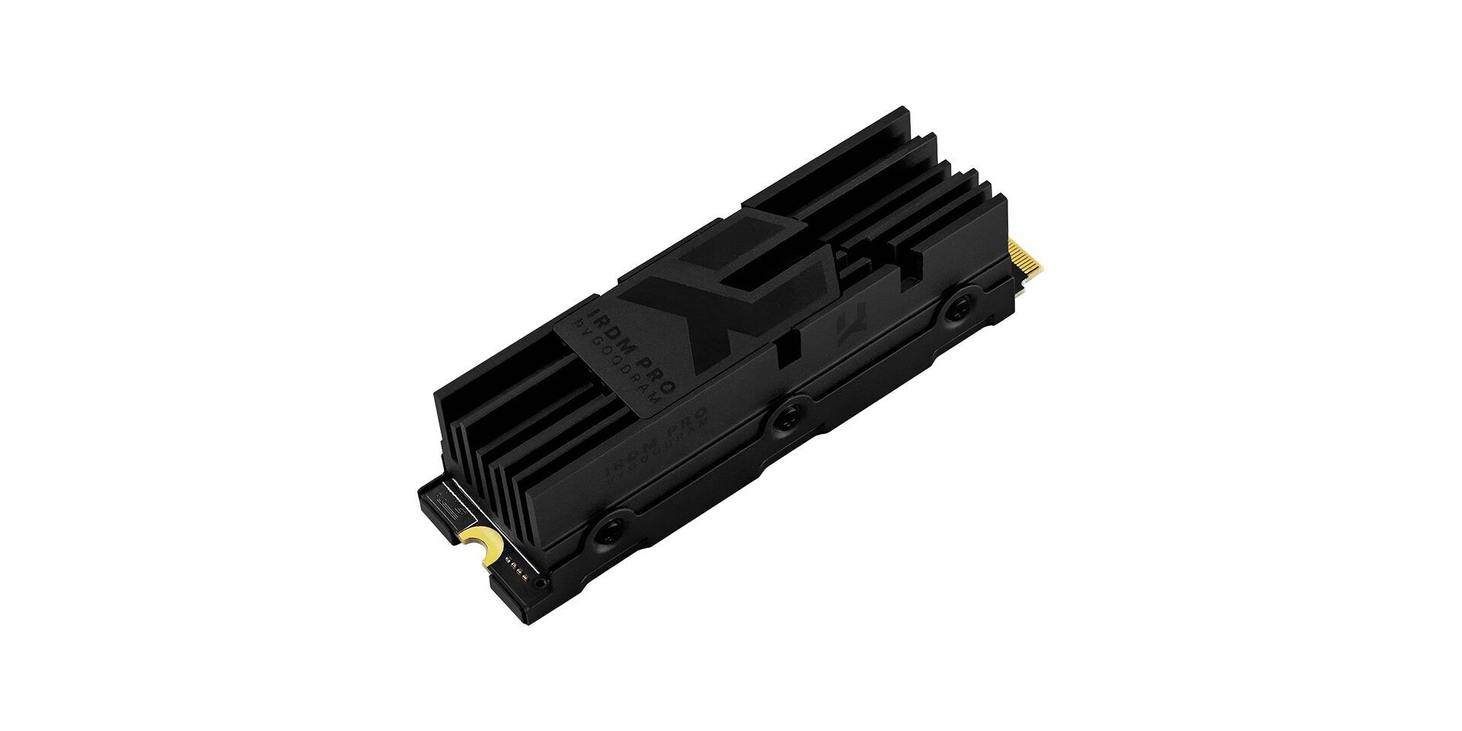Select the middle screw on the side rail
[x=785, y=414]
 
